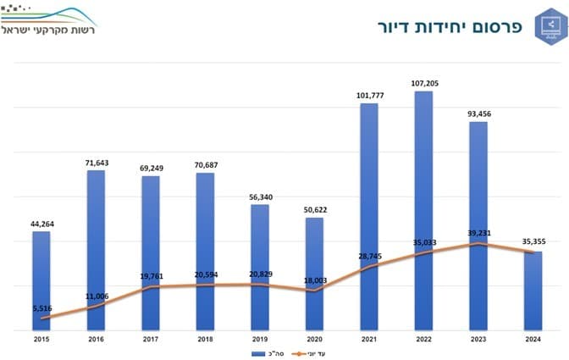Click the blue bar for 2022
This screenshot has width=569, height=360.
(423, 212)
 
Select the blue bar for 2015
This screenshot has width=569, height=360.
(41, 280)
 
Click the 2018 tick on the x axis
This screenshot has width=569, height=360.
(205, 338)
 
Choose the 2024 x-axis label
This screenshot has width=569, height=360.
(533, 338)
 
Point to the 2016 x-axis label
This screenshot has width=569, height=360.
(96, 338)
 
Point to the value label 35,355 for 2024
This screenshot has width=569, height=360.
(533, 241)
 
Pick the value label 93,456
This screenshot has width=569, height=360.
(478, 114)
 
